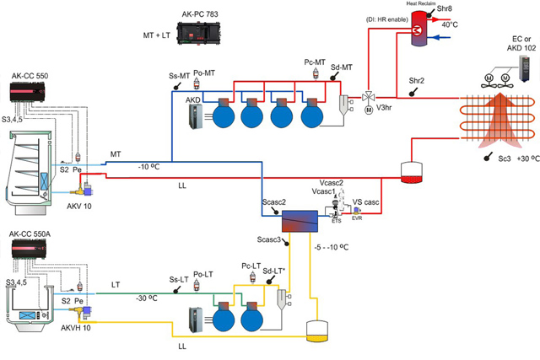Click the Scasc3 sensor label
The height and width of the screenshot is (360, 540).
[x=266, y=241]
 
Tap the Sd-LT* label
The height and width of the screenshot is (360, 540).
[x=277, y=270]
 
